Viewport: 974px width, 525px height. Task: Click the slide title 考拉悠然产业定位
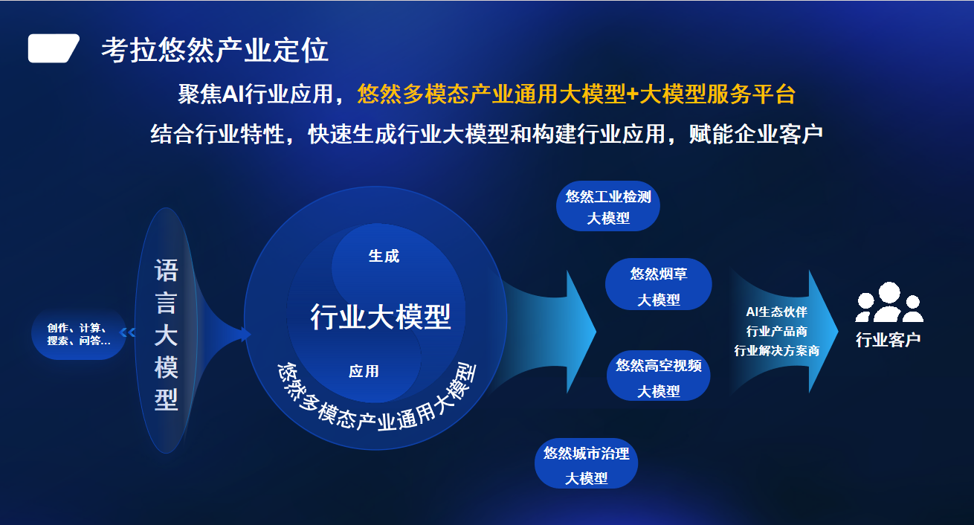coord(215,50)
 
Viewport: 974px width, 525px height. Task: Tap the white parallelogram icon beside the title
coord(54,48)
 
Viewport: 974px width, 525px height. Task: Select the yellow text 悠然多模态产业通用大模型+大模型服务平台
coord(576,94)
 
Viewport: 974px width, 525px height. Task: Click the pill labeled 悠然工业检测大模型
coord(608,206)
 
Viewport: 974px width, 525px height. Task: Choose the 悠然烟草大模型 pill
coord(658,285)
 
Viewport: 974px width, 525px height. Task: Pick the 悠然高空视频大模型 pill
coord(658,376)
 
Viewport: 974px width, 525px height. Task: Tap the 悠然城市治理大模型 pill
coord(586,464)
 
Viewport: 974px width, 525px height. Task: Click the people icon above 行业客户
coord(889,302)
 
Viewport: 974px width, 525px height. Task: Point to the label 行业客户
coord(888,340)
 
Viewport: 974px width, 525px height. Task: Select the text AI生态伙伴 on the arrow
coord(776,312)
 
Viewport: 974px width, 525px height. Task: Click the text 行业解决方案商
coord(776,350)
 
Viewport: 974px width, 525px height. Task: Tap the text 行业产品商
coord(776,332)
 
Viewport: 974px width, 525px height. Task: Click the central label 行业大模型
coord(381,317)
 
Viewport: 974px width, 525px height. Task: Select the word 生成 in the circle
coord(384,257)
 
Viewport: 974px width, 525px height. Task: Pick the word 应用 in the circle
coord(364,372)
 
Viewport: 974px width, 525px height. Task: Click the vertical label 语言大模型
coord(166,335)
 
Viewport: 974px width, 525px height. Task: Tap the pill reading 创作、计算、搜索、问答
coord(79,334)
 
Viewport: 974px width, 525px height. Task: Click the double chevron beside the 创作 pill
coord(127,332)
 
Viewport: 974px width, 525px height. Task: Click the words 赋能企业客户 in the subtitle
coord(755,134)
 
